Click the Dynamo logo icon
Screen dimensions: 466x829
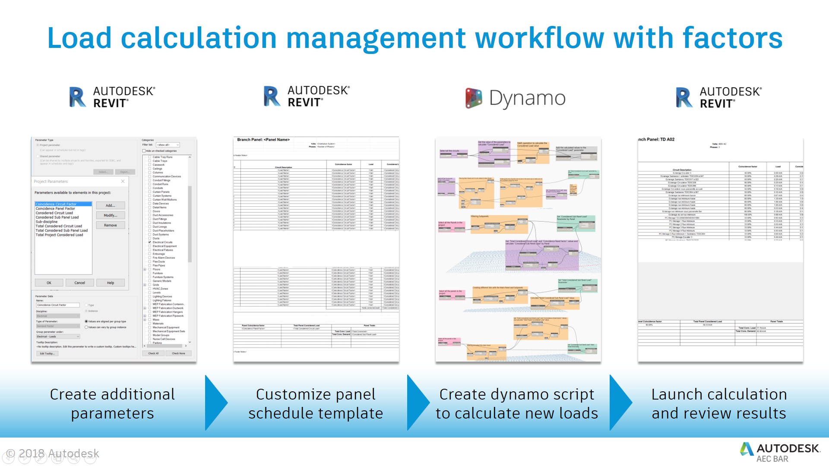tap(474, 98)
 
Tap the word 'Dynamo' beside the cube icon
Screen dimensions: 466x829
tap(527, 98)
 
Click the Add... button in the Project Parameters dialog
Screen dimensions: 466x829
tap(110, 205)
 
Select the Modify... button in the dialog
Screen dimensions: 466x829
tap(110, 215)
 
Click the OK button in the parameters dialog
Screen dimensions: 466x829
tap(49, 283)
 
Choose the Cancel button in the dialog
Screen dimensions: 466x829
tap(79, 283)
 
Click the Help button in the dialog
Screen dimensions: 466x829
tap(111, 283)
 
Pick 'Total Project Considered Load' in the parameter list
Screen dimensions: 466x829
tap(59, 235)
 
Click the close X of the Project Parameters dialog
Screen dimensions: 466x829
tap(123, 181)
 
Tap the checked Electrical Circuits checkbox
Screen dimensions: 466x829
tap(150, 242)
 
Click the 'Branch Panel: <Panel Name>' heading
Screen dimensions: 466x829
tap(263, 140)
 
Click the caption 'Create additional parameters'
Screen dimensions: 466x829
tap(112, 403)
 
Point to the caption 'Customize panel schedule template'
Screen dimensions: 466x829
tap(316, 403)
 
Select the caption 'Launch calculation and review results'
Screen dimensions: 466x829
tap(719, 403)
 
